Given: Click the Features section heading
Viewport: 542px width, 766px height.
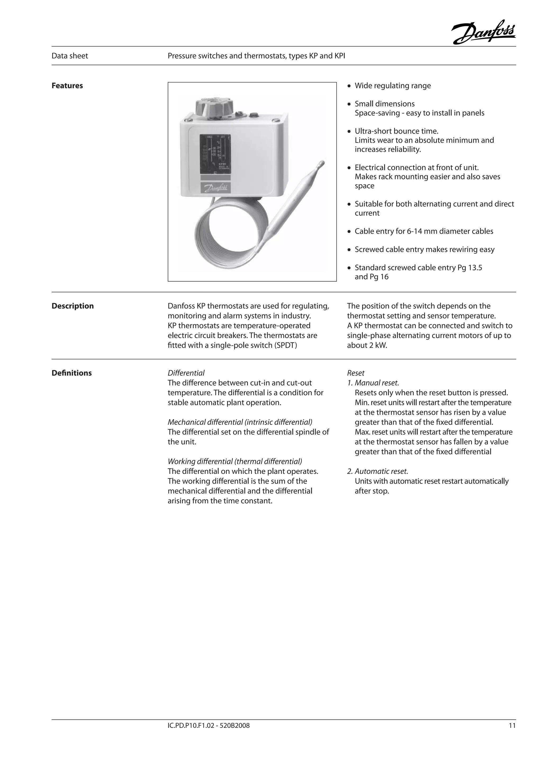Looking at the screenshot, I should click(67, 86).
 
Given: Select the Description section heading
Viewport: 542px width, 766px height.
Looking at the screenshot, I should click(73, 306).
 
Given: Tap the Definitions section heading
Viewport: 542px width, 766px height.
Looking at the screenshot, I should click(71, 373).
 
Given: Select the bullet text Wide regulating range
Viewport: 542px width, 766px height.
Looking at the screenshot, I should click(392, 86).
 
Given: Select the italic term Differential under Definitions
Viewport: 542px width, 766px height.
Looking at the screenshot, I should click(186, 373).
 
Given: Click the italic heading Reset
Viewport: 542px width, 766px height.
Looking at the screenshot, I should click(355, 373).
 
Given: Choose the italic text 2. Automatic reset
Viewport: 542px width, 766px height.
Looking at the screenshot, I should click(377, 471).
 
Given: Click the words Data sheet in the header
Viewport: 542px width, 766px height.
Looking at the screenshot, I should click(70, 56).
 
